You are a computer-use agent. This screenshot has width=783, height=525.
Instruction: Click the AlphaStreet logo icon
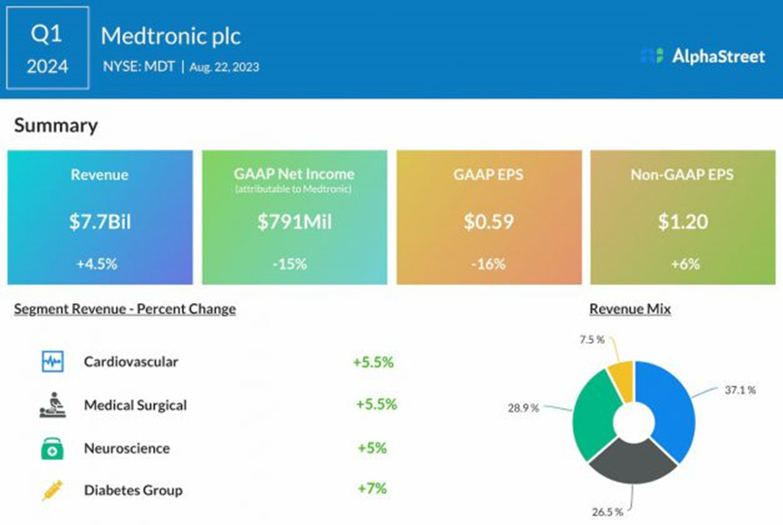coord(652,55)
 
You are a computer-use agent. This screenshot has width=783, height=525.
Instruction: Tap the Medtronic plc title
coord(171,36)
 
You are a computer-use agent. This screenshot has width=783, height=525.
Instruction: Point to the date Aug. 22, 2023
coord(224,66)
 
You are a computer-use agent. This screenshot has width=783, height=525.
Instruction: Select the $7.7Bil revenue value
coord(100,220)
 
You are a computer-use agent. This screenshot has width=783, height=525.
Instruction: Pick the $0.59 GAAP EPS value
coord(488,220)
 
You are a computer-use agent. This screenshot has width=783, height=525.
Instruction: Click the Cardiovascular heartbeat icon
coord(52,362)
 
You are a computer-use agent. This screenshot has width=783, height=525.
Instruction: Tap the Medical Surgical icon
coord(52,405)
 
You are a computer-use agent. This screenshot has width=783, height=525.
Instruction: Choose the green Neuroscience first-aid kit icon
coord(52,448)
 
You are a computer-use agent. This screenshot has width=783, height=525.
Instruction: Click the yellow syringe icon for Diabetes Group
coord(52,491)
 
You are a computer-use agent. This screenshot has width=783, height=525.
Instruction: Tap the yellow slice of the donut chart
coord(621,380)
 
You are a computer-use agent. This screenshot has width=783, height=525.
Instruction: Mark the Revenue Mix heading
coord(630,309)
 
